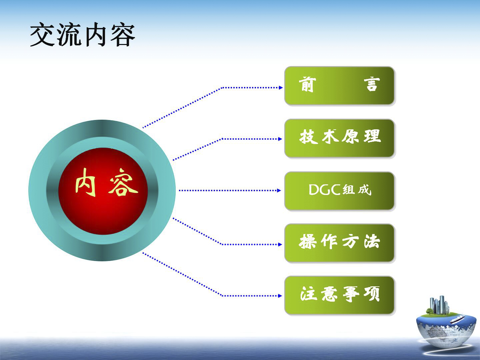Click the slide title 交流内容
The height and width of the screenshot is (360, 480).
coord(82,35)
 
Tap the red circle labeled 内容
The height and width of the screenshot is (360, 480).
coord(103,191)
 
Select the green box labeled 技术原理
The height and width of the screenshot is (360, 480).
coord(339,138)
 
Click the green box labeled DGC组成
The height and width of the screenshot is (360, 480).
coord(339,191)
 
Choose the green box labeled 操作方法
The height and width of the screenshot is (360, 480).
coord(339,243)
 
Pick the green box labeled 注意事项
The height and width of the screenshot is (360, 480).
coord(339,295)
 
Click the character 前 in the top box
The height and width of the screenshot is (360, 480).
coord(307,84)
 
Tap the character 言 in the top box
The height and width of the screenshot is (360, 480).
coord(372,84)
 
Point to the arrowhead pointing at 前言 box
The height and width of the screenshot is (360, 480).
coord(281,88)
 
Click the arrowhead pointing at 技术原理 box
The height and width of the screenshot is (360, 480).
coord(280,139)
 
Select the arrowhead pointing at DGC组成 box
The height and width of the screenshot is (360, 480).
coord(279,191)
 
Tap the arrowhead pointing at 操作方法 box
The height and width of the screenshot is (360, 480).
coord(280,244)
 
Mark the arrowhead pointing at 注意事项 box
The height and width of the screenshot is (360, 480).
coord(280,296)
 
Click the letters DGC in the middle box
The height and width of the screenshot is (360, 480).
coord(325,190)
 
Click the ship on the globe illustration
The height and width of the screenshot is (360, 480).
coord(457,319)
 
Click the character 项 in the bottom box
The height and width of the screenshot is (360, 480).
coord(372,294)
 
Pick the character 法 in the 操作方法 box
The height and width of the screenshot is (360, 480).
coord(372,241)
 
